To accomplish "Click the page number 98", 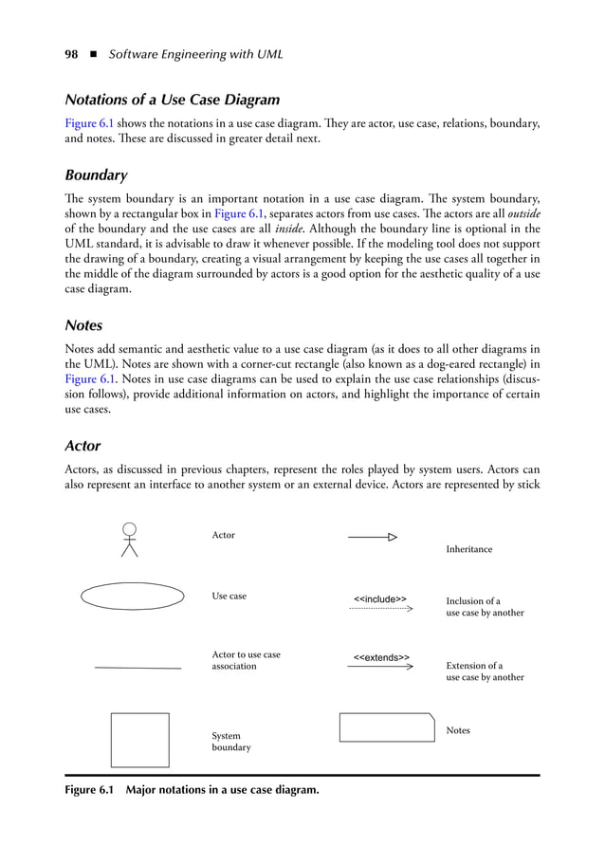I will (x=71, y=54).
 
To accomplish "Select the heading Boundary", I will (x=96, y=175).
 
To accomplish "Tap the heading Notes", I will (x=83, y=325).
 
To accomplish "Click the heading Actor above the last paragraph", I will (x=82, y=445).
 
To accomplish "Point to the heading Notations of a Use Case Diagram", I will (x=172, y=100).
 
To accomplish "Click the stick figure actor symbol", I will (x=129, y=540).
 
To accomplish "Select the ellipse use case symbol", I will (x=133, y=596).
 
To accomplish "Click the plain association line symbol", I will (x=138, y=669).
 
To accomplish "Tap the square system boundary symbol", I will (x=139, y=740).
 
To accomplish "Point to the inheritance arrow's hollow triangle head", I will (x=392, y=538).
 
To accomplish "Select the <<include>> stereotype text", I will (x=380, y=598).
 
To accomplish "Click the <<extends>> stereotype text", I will (x=381, y=657).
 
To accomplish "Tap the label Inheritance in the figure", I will (x=468, y=549).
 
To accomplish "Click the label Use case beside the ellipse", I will (x=229, y=596).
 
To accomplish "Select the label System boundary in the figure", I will (x=230, y=742).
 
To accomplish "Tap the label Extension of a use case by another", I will (x=484, y=671).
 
